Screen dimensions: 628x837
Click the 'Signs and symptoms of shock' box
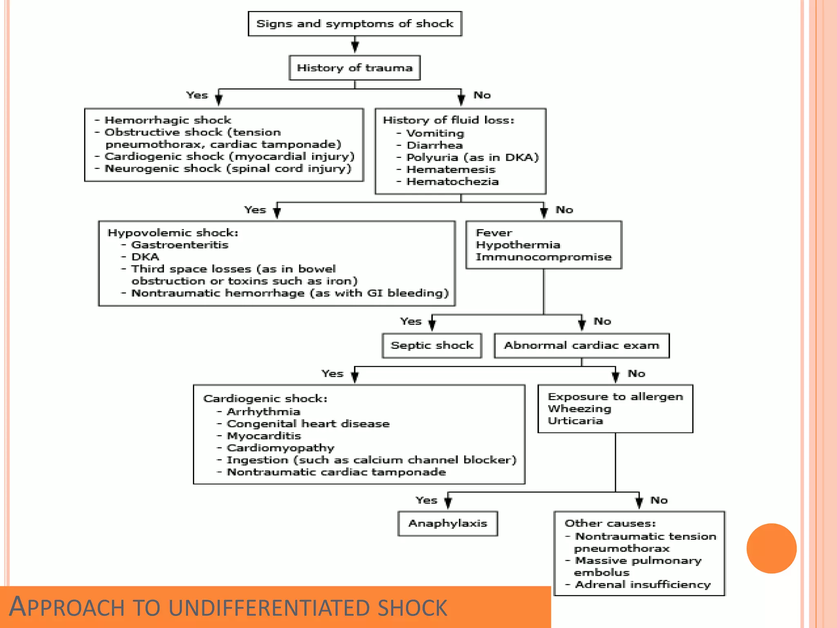point(355,24)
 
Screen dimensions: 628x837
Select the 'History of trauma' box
point(355,68)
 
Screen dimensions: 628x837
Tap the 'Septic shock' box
point(432,345)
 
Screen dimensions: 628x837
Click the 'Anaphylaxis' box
point(448,523)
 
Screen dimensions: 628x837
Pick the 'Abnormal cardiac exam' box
point(582,345)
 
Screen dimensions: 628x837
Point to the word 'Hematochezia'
point(452,182)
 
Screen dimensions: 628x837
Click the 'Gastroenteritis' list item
point(179,245)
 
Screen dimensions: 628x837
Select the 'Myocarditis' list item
point(264,436)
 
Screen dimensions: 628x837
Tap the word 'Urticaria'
point(575,421)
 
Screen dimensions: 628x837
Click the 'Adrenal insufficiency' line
point(642,585)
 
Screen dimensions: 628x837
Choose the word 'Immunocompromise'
point(544,257)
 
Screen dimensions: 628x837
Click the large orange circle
point(771,548)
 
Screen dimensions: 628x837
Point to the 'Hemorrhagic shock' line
point(168,120)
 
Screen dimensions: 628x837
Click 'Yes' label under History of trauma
point(197,95)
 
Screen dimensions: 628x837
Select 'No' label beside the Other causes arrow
point(659,500)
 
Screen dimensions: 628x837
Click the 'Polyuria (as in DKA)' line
point(472,157)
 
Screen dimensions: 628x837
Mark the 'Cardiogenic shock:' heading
point(265,399)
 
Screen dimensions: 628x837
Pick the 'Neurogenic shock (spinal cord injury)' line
point(228,168)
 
